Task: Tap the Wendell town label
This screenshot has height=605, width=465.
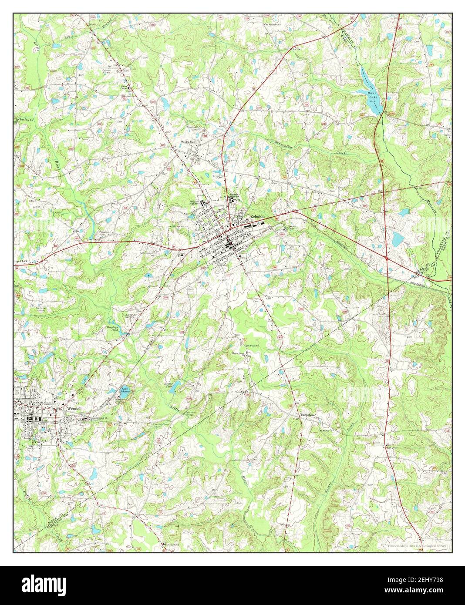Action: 75,409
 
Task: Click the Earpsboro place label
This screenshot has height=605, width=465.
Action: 308,416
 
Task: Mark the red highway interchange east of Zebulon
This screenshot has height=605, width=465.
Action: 387,259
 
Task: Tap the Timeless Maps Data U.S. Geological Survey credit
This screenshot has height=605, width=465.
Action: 417,545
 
